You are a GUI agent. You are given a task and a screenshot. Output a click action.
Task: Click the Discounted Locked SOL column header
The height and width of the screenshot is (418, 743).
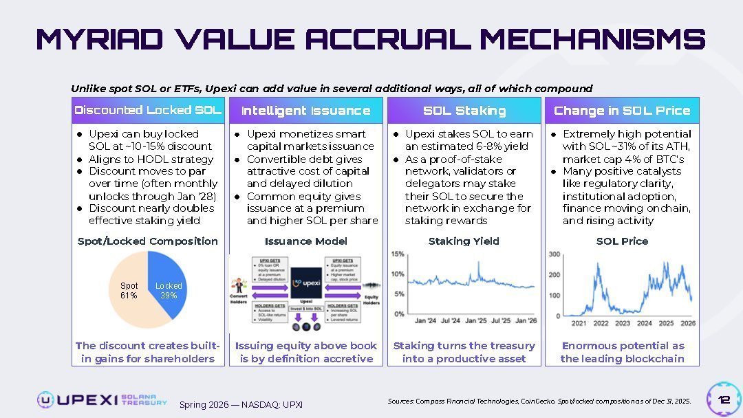pos(148,111)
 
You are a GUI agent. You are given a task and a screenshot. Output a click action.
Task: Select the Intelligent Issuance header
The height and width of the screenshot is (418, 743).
pos(305,111)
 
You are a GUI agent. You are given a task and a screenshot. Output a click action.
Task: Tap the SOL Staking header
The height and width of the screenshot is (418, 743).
pos(464,111)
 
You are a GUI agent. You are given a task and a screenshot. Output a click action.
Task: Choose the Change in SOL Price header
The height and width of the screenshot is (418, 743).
pos(622,111)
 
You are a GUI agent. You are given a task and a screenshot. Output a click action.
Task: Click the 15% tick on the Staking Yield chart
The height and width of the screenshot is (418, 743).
pos(397,254)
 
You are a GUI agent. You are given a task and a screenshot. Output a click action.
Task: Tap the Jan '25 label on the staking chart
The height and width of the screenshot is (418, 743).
pos(476,320)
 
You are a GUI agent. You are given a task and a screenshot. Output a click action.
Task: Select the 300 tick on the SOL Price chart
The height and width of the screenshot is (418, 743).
pos(554,254)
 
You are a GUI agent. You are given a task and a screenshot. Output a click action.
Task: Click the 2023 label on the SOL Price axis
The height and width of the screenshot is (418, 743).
pos(623,323)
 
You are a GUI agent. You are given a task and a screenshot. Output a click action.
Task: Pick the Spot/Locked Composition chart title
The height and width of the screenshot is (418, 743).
pos(148,241)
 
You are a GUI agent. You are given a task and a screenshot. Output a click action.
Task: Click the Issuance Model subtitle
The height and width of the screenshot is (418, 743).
pos(305,241)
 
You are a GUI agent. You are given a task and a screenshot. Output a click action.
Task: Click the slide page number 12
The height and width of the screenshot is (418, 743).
pos(724,400)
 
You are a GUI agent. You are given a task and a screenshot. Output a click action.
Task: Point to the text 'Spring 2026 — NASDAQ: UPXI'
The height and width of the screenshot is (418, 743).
pos(241,405)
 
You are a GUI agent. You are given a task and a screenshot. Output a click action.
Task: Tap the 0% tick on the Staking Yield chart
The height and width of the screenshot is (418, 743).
pos(398,314)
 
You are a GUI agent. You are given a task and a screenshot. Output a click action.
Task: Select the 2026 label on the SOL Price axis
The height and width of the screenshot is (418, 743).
pos(688,323)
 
